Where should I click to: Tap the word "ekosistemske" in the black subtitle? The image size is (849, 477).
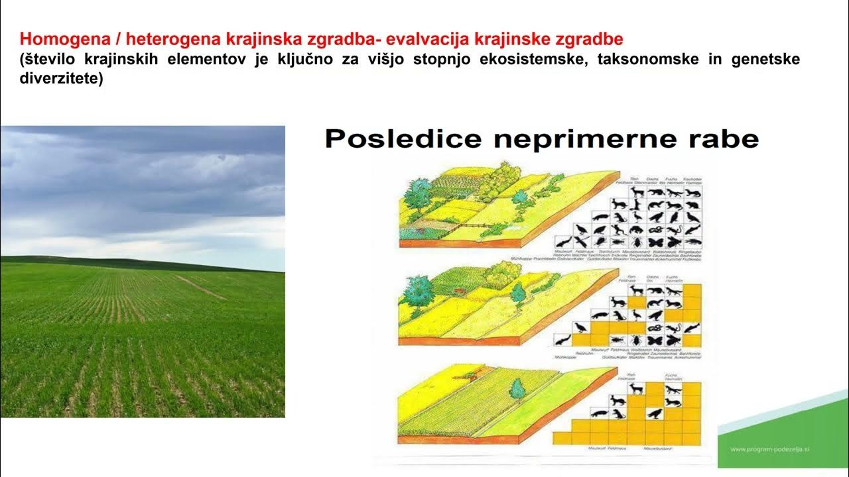point(536,59)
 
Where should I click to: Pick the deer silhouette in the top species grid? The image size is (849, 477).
point(637,192)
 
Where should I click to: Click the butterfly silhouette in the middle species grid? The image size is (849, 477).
point(656,340)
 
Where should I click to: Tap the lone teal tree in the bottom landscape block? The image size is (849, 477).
point(517,389)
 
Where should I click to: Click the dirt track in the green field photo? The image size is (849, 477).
point(199,287)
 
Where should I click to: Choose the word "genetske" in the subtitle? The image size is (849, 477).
point(766,59)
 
